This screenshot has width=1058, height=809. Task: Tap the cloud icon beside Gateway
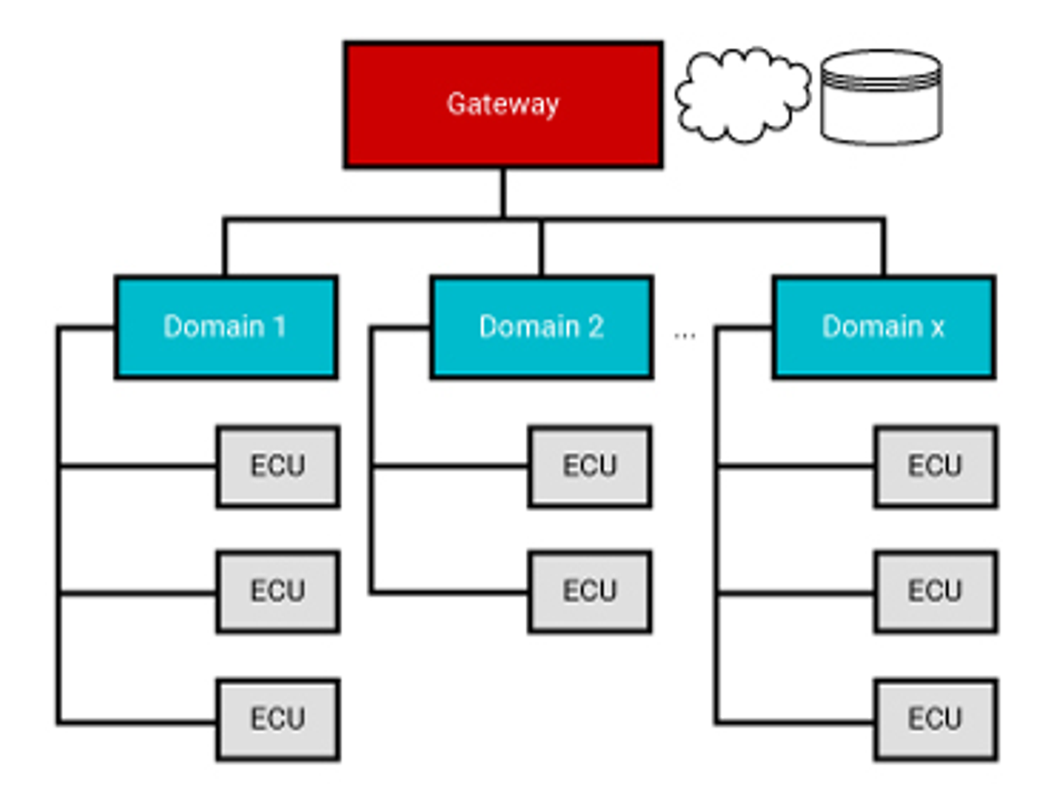click(742, 95)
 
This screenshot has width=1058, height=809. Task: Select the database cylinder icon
click(881, 97)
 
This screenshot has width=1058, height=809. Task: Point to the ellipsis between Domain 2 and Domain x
click(685, 335)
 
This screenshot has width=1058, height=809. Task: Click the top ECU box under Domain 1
click(278, 466)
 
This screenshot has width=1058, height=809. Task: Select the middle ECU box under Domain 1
click(278, 591)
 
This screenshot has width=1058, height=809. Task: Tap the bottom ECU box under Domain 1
click(278, 719)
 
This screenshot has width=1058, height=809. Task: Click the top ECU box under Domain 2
click(590, 466)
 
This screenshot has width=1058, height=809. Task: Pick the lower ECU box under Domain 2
click(590, 591)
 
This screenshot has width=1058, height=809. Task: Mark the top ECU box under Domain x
click(936, 466)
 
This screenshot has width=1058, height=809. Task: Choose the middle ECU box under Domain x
click(936, 591)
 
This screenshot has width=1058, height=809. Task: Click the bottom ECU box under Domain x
click(936, 719)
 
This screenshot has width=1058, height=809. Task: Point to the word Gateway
click(503, 103)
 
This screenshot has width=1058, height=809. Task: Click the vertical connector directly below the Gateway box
click(503, 192)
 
